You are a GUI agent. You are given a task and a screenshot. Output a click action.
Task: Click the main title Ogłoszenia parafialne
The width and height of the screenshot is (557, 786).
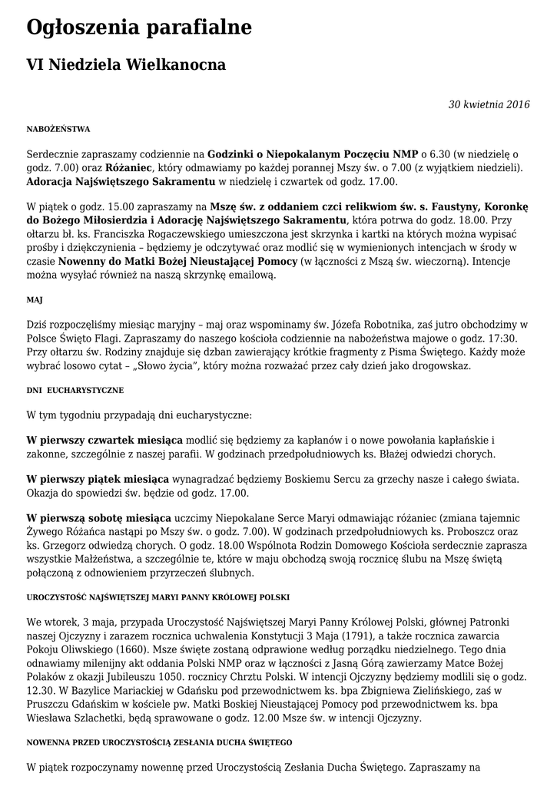coord(139,29)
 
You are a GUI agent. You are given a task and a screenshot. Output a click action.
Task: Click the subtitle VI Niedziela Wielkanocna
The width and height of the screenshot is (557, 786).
coord(126,65)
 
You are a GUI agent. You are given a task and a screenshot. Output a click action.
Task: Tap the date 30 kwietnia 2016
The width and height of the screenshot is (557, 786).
coord(489,105)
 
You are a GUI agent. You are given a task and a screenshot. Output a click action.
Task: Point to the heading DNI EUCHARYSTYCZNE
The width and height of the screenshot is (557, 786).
coord(75,390)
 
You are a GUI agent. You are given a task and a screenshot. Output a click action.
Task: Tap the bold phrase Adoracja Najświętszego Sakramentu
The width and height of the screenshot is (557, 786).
coord(121,181)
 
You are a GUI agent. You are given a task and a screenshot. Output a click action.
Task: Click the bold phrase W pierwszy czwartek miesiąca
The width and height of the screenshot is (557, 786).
coord(104,440)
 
